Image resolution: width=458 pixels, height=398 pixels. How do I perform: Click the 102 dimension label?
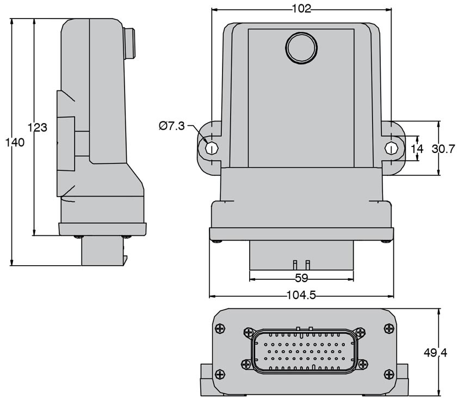pos(301,9)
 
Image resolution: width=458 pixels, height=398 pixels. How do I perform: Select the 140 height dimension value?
pos(15,143)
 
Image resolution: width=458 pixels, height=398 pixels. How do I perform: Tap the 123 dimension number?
pos(38,127)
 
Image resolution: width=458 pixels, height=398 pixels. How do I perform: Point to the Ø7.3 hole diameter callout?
pos(172,126)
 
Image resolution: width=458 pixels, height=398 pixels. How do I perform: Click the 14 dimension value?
pos(417,149)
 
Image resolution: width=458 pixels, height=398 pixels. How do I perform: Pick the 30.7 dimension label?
pos(443,149)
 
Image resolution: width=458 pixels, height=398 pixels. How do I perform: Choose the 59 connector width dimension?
pos(301,278)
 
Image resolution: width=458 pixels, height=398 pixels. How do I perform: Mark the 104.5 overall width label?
pos(301,295)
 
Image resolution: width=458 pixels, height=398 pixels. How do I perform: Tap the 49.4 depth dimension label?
pos(435,353)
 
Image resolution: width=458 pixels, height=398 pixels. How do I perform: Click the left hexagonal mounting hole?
pos(212,148)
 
